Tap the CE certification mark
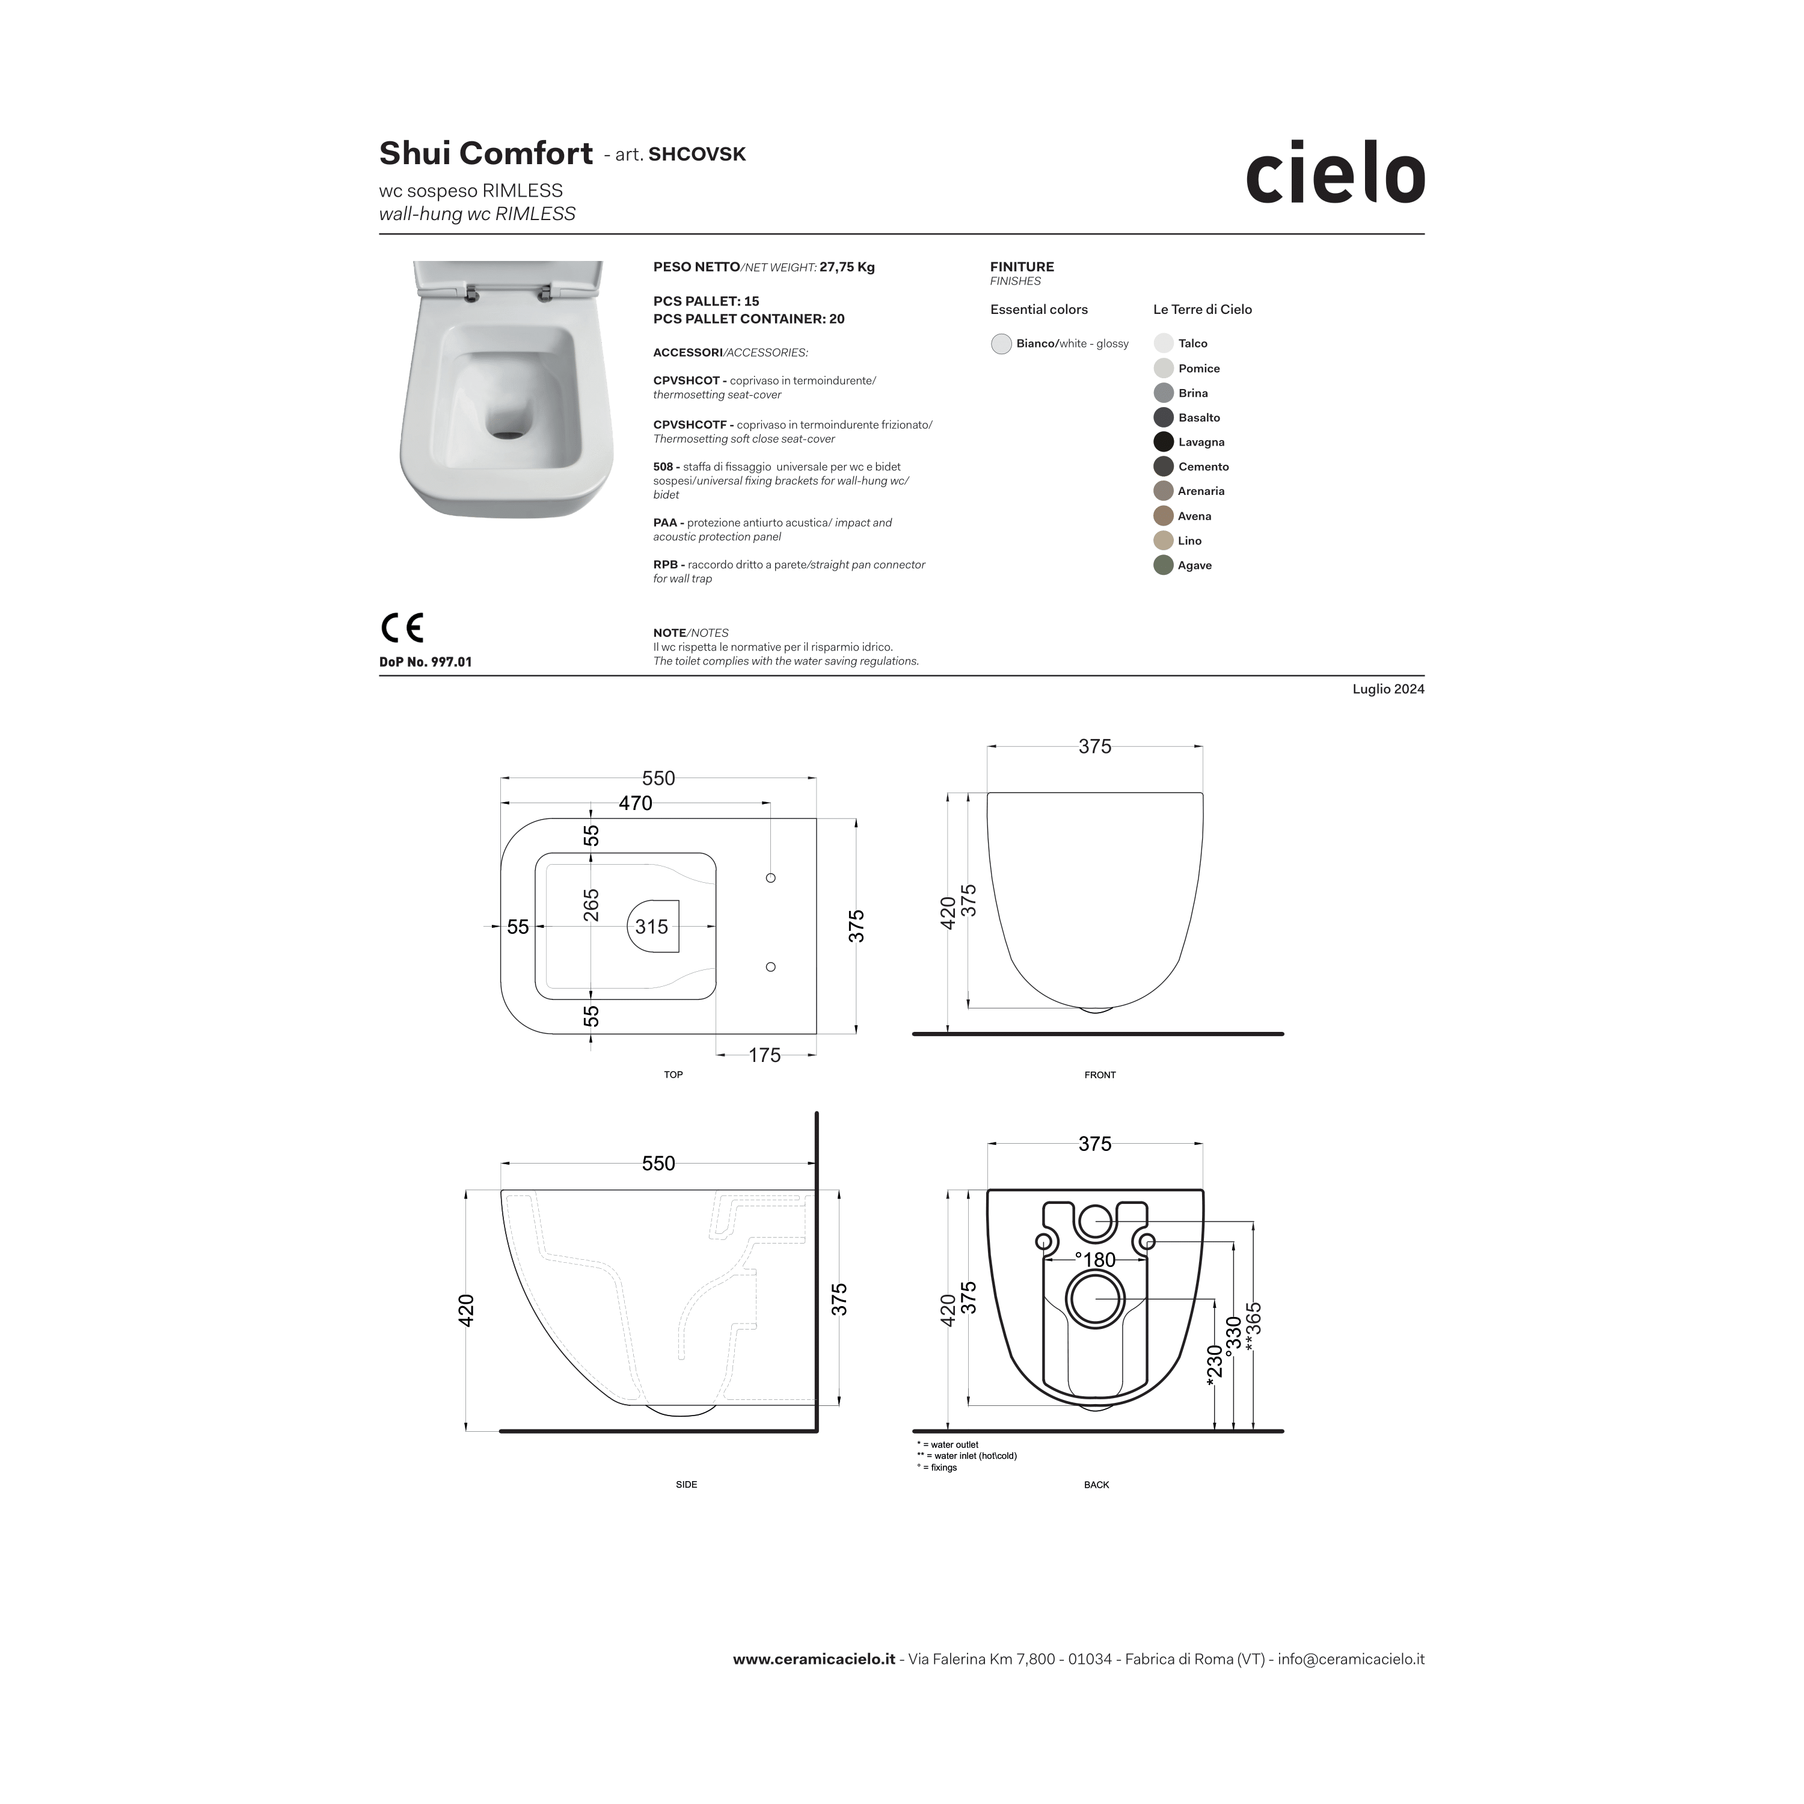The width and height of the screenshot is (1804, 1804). click(x=402, y=627)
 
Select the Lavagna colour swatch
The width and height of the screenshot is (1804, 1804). click(x=1164, y=441)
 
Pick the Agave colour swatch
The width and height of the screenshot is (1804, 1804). click(x=1164, y=565)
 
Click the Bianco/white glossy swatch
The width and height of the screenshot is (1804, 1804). click(x=1001, y=343)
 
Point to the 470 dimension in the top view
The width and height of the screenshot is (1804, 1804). click(x=635, y=803)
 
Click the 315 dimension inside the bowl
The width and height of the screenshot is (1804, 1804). click(x=652, y=926)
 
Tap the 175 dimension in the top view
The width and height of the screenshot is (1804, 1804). click(x=765, y=1055)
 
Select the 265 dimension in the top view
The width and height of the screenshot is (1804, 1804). click(x=591, y=906)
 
